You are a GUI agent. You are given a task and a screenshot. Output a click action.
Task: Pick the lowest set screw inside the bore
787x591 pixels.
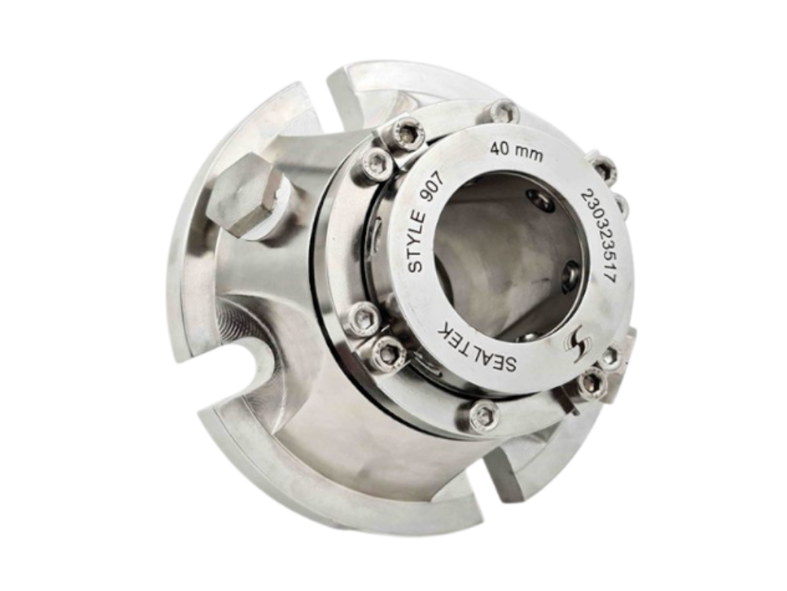[x=529, y=336]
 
